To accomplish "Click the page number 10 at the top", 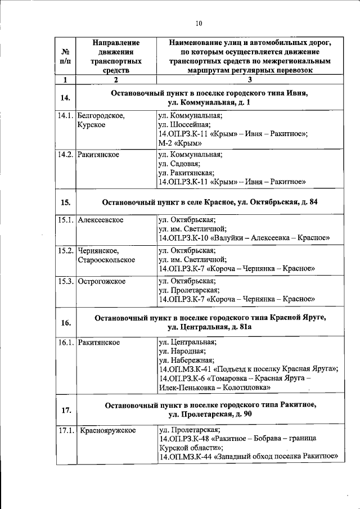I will [x=198, y=24].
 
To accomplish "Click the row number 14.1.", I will [x=65, y=115].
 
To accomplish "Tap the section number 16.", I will [x=65, y=322].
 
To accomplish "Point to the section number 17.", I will [x=65, y=409].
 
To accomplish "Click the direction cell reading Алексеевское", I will [x=101, y=220].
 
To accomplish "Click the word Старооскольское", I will [x=106, y=260].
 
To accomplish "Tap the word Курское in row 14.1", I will [x=92, y=125].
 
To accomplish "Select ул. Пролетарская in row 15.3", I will [x=188, y=290].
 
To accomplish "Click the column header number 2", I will [x=116, y=79].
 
